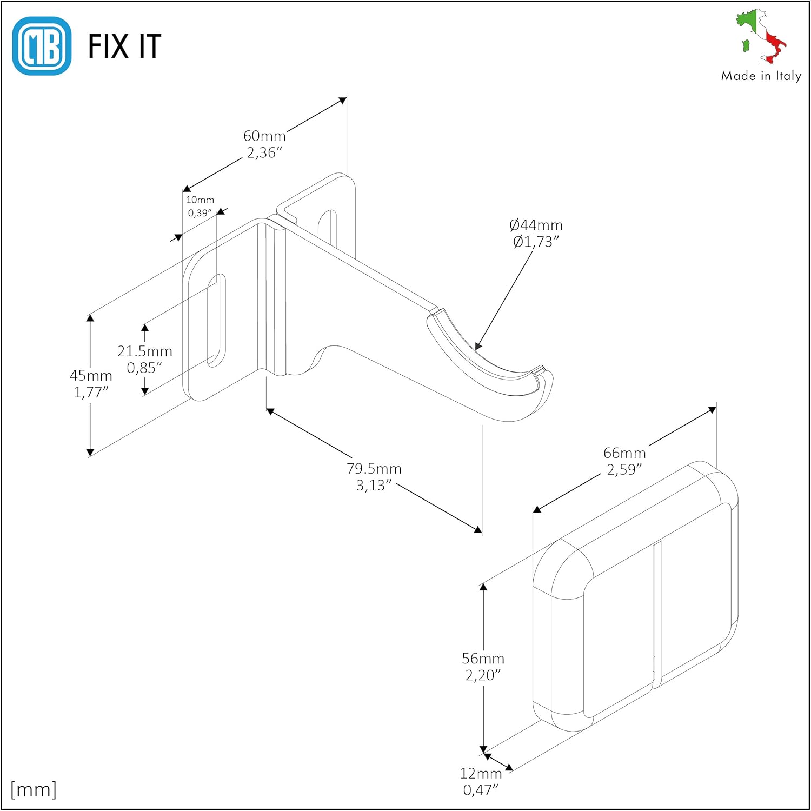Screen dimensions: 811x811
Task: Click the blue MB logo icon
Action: [42, 46]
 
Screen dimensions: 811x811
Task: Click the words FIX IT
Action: [124, 46]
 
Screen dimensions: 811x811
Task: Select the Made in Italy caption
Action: [761, 76]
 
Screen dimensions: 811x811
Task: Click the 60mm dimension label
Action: [264, 136]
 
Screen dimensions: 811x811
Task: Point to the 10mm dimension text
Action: [200, 200]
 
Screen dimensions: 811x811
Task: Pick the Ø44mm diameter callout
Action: [536, 225]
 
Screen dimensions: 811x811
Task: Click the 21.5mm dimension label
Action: [145, 351]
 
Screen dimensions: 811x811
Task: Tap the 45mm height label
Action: [91, 376]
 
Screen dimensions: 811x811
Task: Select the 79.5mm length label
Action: [374, 469]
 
